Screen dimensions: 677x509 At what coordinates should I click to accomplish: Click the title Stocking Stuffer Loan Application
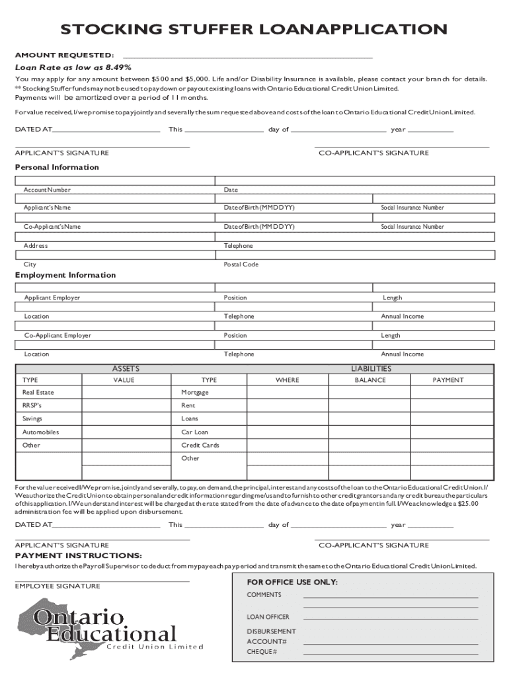click(x=254, y=30)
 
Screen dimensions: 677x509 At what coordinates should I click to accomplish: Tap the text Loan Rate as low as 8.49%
click(x=73, y=67)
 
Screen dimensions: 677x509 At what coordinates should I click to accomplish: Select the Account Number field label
click(x=47, y=190)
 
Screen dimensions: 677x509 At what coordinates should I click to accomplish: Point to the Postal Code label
click(x=241, y=264)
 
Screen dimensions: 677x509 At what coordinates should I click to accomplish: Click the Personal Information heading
click(x=57, y=167)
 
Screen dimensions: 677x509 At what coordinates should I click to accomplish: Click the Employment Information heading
click(x=65, y=275)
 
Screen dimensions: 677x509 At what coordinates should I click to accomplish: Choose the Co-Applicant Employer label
click(x=58, y=336)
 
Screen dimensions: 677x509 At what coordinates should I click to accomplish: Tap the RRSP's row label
click(x=32, y=406)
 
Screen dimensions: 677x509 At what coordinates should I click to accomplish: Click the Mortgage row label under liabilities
click(x=195, y=393)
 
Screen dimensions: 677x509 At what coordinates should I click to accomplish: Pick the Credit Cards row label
click(x=200, y=446)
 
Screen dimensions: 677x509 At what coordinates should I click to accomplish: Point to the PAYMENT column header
click(x=448, y=380)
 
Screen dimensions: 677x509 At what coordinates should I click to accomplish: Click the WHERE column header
click(x=287, y=380)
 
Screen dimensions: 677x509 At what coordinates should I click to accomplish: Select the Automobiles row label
click(x=40, y=432)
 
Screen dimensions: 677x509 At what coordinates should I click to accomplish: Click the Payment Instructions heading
click(x=78, y=555)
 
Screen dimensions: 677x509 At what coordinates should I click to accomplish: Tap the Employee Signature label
click(x=58, y=586)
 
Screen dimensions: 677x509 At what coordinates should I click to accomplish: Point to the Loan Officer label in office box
click(x=268, y=617)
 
